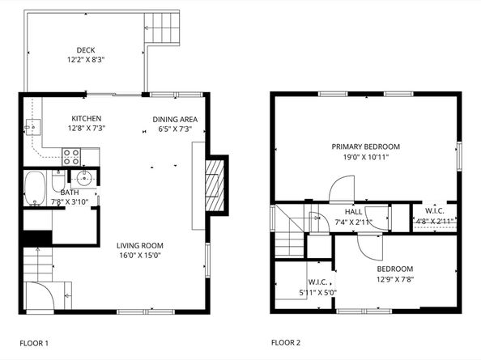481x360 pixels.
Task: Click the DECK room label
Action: click(86, 50)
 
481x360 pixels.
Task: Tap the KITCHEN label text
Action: click(86, 119)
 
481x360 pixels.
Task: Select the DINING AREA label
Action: click(175, 120)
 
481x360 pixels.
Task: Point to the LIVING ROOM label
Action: click(140, 246)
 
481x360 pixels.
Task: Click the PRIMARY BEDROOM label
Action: click(366, 146)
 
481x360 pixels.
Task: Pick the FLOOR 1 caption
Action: click(34, 343)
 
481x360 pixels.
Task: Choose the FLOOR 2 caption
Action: click(286, 342)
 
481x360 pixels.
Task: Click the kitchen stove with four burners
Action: click(71, 157)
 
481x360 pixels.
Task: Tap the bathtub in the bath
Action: click(35, 188)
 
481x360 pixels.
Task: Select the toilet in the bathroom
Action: click(58, 180)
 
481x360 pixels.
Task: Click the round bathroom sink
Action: click(84, 178)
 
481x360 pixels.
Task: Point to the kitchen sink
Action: click(32, 127)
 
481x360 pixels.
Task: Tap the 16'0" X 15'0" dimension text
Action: click(140, 255)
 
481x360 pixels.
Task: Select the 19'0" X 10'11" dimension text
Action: click(366, 158)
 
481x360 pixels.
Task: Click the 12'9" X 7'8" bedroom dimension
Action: click(395, 279)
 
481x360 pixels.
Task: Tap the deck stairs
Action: click(162, 29)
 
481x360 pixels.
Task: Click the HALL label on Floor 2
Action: click(353, 212)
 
